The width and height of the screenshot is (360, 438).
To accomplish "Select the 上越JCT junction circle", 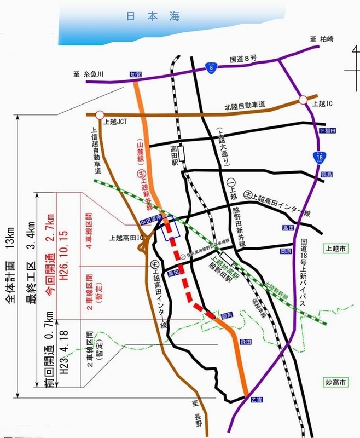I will tap(99, 114).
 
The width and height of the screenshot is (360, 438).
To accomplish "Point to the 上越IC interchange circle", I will tap(304, 101).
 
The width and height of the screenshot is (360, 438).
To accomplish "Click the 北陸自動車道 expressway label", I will tap(245, 105).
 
